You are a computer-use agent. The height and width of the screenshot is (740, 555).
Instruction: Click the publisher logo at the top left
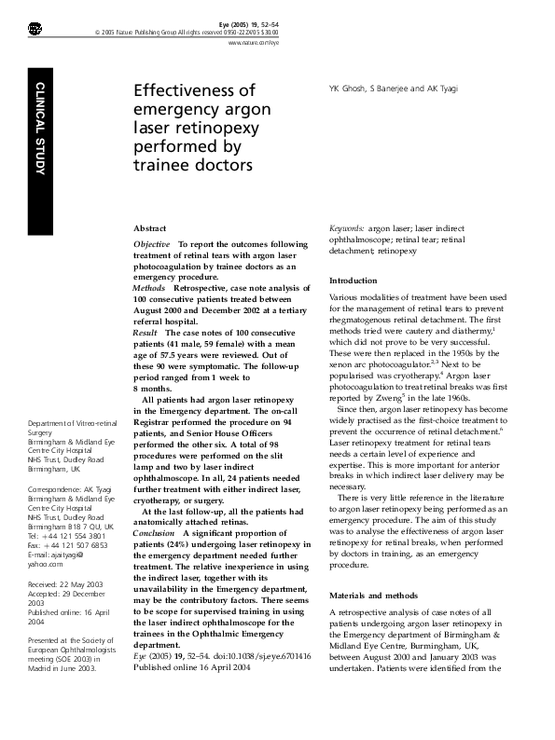pyautogui.click(x=35, y=31)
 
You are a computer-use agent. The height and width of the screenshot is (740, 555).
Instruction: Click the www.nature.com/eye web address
pyautogui.click(x=253, y=44)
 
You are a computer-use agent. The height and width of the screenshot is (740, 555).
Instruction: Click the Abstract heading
pyautogui.click(x=150, y=227)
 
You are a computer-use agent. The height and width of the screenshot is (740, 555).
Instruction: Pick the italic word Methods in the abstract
pyautogui.click(x=149, y=289)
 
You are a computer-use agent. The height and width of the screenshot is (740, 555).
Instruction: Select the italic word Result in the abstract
pyautogui.click(x=146, y=332)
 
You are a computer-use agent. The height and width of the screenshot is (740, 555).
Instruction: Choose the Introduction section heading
pyautogui.click(x=354, y=281)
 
